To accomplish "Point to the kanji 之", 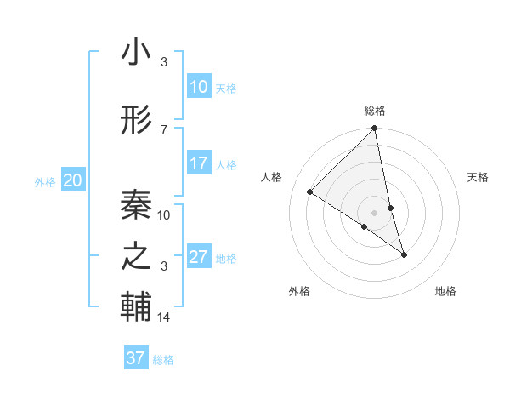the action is click(x=136, y=256).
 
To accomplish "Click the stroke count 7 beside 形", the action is click(x=164, y=129).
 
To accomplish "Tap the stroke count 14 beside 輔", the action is click(x=164, y=317).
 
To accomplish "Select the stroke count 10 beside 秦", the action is click(x=164, y=214).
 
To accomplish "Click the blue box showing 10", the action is click(x=199, y=87).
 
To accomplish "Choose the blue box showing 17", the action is click(x=199, y=163).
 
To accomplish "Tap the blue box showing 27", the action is click(x=199, y=257).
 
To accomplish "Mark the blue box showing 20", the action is click(x=73, y=180).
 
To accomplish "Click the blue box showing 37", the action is click(x=136, y=358).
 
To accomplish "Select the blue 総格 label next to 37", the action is click(x=163, y=360).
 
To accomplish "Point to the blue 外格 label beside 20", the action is click(x=45, y=181).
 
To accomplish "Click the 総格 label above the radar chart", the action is click(x=375, y=111).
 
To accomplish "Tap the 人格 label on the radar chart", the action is click(x=273, y=177).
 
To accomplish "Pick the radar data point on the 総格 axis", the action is click(x=375, y=129).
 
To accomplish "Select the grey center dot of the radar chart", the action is click(x=375, y=212).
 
